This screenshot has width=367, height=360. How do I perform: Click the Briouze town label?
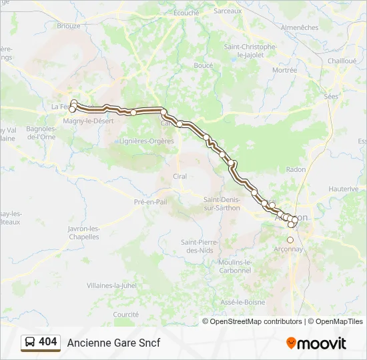[69, 25]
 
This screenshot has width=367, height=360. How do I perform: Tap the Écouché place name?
[186, 13]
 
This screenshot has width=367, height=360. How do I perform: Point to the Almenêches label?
[300, 27]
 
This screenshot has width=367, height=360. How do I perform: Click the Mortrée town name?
[284, 70]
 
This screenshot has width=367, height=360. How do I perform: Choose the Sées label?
[331, 96]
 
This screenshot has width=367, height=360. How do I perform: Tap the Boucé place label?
[203, 65]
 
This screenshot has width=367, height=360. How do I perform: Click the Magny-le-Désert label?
[88, 121]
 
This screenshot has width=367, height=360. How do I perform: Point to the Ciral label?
[179, 176]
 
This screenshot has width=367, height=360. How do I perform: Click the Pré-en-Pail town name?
[150, 201]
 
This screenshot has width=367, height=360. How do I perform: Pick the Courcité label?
[125, 314]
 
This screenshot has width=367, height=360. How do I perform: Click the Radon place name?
[296, 169]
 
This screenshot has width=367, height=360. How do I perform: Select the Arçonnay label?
[289, 249]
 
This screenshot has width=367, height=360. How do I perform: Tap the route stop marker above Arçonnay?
[290, 240]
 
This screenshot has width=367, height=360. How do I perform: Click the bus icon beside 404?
[30, 342]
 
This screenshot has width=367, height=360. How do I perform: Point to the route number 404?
[48, 342]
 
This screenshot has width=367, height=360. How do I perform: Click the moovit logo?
[316, 343]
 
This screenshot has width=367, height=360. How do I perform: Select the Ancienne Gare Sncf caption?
[113, 343]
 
